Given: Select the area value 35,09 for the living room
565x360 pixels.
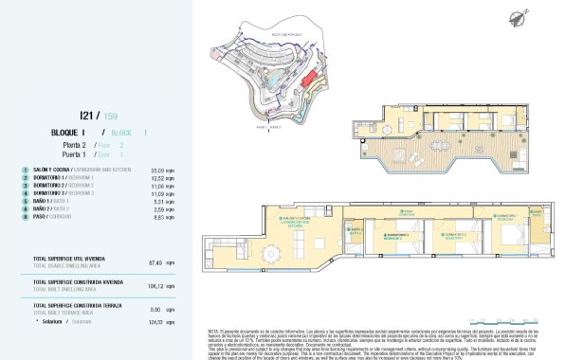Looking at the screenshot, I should click(x=158, y=171).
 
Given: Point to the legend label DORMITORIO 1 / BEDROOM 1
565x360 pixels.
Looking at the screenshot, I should click(x=63, y=178).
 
